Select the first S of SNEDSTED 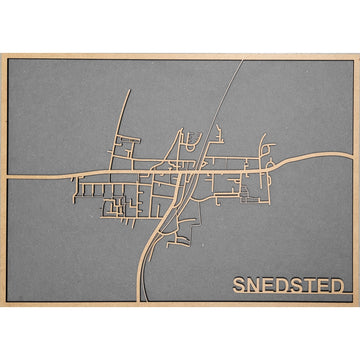coord(240,284)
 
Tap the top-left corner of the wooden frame coord(3,55)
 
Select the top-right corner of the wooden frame coord(357,55)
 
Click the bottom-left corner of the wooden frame coord(3,304)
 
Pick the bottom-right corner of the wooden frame coord(357,304)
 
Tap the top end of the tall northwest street coord(128,92)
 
